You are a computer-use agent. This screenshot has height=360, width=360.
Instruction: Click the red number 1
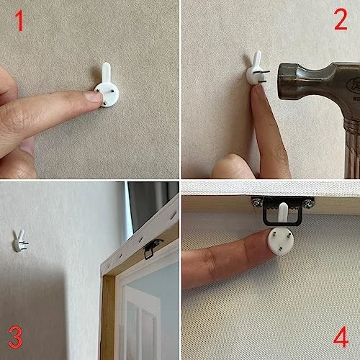point(19,21)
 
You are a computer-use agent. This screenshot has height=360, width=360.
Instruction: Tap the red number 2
point(341,19)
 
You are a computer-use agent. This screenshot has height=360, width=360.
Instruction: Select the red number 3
point(16,337)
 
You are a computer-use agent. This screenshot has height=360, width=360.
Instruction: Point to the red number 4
point(341,336)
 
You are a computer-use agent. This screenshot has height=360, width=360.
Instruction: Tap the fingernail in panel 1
point(94,96)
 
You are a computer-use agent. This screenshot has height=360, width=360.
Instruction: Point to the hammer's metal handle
point(352,149)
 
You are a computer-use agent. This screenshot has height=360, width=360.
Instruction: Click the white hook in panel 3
point(19,241)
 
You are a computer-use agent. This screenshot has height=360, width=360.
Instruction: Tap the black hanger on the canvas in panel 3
point(152,249)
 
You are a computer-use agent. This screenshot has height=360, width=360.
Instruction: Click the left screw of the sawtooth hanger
point(256,203)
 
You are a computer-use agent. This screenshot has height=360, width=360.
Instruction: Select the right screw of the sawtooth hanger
point(308,203)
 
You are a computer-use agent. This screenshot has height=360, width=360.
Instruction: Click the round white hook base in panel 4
point(281,241)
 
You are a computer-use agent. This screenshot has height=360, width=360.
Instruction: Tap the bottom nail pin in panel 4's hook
point(279,249)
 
